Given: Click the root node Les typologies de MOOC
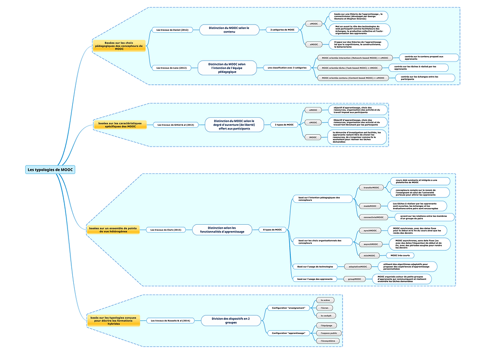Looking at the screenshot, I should (x=50, y=169).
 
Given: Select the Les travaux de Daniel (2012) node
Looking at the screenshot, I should (x=172, y=30).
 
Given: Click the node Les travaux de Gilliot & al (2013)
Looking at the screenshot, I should (x=175, y=125).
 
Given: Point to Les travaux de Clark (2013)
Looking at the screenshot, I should (x=166, y=230).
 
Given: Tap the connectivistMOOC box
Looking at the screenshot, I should (x=373, y=217).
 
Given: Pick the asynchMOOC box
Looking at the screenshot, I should (x=371, y=244).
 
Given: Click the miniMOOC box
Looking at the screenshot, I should (x=369, y=255).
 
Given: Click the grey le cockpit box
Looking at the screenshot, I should (x=326, y=316).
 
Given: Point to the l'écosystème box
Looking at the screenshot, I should (x=328, y=340).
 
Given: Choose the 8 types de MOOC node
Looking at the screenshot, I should (x=272, y=230).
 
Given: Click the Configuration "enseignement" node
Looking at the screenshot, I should (x=288, y=308).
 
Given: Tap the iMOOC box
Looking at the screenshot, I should (x=312, y=137).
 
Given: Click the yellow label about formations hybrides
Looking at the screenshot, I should (x=113, y=320).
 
